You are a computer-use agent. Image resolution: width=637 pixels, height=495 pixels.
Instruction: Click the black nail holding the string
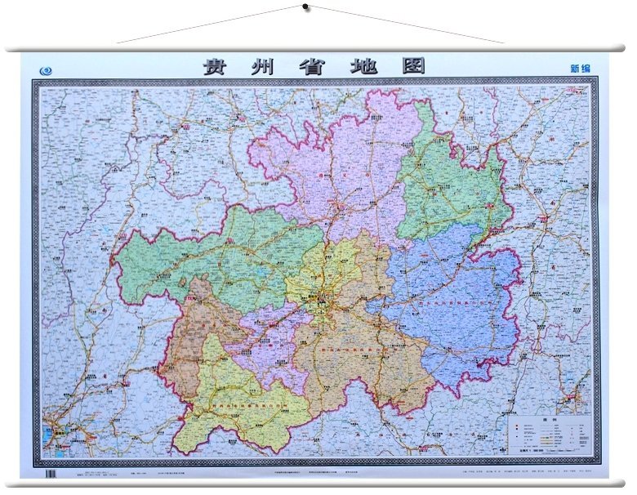point(305,7)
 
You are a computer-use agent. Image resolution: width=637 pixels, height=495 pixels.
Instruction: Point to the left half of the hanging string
point(212,25)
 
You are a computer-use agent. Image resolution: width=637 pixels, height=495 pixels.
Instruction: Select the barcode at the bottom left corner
point(49,473)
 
